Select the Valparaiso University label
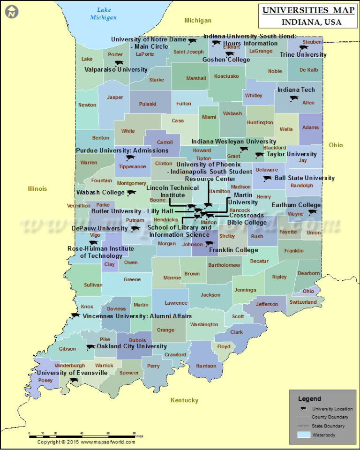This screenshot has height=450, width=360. pyautogui.click(x=116, y=69)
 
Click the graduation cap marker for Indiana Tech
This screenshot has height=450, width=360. pyautogui.click(x=294, y=98)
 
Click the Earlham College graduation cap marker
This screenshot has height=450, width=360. pyautogui.click(x=312, y=212)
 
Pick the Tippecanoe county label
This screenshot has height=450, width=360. pyautogui.click(x=132, y=166)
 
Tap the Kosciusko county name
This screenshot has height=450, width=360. pyautogui.click(x=226, y=76)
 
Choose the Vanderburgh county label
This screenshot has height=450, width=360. pyautogui.click(x=69, y=365)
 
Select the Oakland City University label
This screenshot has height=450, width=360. pyautogui.click(x=132, y=346)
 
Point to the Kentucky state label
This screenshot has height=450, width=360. pyautogui.click(x=184, y=400)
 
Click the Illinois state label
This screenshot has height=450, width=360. pyautogui.click(x=37, y=189)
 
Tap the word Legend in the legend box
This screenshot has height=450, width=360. pyautogui.click(x=309, y=399)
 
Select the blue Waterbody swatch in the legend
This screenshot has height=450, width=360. pyautogui.click(x=305, y=435)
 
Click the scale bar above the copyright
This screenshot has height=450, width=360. pyautogui.click(x=82, y=436)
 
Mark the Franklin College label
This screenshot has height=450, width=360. pyautogui.click(x=233, y=250)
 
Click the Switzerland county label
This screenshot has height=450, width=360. pyautogui.click(x=303, y=302)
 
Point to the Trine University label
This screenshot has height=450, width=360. pyautogui.click(x=303, y=55)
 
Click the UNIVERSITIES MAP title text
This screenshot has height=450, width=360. pyautogui.click(x=302, y=10)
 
